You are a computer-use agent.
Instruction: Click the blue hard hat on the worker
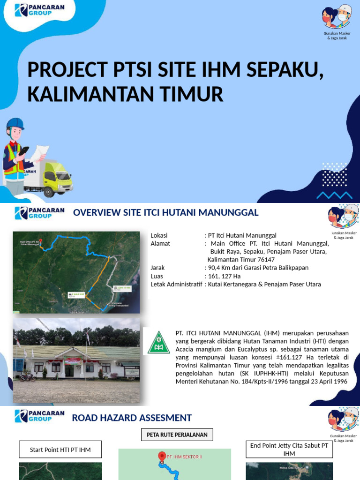coord(15,124)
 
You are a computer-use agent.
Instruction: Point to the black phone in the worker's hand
coord(23,150)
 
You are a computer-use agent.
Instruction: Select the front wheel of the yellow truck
coord(49,191)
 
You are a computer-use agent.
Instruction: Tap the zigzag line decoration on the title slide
coord(334,195)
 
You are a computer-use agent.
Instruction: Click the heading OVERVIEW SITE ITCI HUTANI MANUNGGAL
coord(165,213)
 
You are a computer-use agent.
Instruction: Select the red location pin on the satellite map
coord(40,241)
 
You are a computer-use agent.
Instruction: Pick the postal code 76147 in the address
coord(265,260)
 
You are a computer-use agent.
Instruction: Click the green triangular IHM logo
coord(159,342)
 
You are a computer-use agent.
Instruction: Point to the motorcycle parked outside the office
coord(28,376)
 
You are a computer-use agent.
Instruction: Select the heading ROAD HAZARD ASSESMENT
coord(132,418)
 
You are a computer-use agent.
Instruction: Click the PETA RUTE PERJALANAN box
coord(177,435)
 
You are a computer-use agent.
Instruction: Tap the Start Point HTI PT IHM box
coord(60,450)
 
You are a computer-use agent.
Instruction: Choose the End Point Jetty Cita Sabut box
coord(289,450)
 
